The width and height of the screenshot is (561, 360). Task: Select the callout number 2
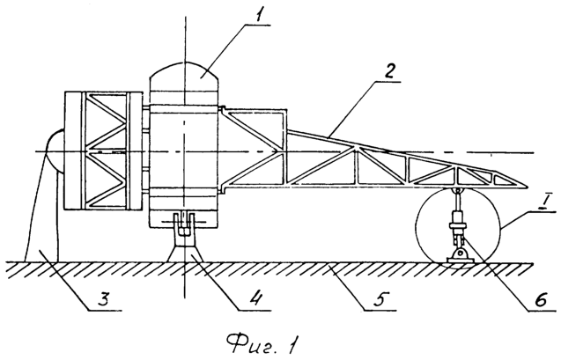pyautogui.click(x=388, y=72)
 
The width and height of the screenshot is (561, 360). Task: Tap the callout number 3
pyautogui.click(x=102, y=298)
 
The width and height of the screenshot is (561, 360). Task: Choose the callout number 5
pyautogui.click(x=380, y=298)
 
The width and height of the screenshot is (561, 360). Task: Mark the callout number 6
pyautogui.click(x=541, y=300)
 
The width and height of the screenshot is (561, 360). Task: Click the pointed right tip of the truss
pyautogui.click(x=528, y=187)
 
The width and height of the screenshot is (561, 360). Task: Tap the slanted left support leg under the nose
pyautogui.click(x=33, y=208)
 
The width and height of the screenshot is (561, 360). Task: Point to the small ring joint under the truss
pyautogui.click(x=457, y=190)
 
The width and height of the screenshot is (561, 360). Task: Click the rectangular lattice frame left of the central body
pyautogui.click(x=103, y=151)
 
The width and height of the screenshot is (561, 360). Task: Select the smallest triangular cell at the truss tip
pyautogui.click(x=504, y=179)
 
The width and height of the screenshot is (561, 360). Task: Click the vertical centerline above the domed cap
pyautogui.click(x=185, y=39)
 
